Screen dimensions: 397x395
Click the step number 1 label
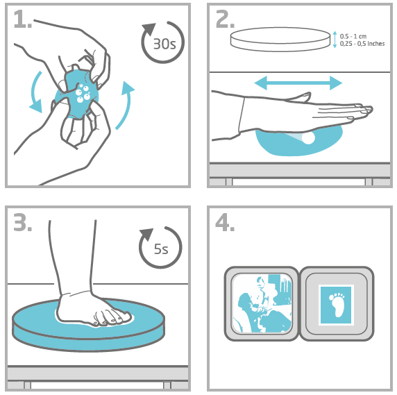click(22, 19)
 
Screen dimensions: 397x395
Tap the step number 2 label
click(225, 19)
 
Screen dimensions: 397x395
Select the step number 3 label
click(22, 222)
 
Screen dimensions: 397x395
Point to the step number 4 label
click(225, 222)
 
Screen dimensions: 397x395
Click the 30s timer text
click(164, 44)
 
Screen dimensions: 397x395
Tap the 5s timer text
click(161, 249)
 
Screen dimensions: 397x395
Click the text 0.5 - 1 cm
click(353, 36)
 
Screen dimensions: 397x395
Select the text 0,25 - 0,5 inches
click(362, 44)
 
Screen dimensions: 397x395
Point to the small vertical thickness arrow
click(335, 40)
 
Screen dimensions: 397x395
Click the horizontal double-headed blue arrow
click(298, 83)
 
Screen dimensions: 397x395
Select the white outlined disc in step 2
click(280, 40)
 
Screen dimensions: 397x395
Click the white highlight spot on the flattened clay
click(308, 137)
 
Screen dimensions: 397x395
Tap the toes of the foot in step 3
click(114, 319)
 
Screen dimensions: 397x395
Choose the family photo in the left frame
click(262, 303)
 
